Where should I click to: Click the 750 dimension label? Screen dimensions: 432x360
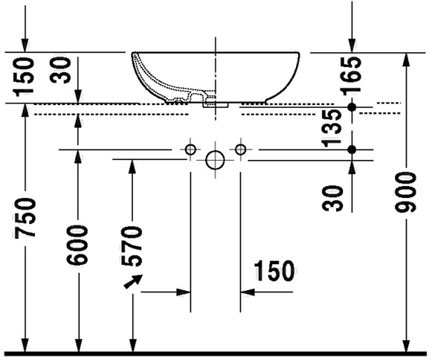coord(25,218)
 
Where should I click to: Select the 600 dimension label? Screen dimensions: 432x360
coord(77,245)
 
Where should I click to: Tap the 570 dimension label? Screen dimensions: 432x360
coord(132,246)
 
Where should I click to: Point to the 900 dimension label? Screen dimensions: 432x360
coord(405,192)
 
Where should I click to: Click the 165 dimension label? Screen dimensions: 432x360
coord(350,76)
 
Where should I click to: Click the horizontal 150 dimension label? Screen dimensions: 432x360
coord(274,271)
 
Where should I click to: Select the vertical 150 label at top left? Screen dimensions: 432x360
coord(25,77)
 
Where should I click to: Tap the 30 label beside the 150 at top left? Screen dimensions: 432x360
coord(60,70)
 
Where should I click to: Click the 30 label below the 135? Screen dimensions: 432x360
coord(333,199)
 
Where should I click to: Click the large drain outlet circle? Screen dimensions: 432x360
coord(215,160)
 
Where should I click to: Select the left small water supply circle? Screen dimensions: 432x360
coord(190,150)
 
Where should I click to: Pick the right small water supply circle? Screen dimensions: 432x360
coord(240,150)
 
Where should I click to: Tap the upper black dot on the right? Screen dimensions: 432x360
coord(352,106)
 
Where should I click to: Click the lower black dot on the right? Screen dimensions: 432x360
coord(352,150)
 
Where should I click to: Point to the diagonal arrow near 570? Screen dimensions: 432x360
coord(133,281)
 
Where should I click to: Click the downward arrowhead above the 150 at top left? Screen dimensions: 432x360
coord(25,45)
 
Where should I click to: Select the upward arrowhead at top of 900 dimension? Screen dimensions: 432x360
coord(407,60)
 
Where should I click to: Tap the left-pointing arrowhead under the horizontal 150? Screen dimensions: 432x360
coord(248,292)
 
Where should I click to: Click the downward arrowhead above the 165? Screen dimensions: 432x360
coord(352,45)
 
